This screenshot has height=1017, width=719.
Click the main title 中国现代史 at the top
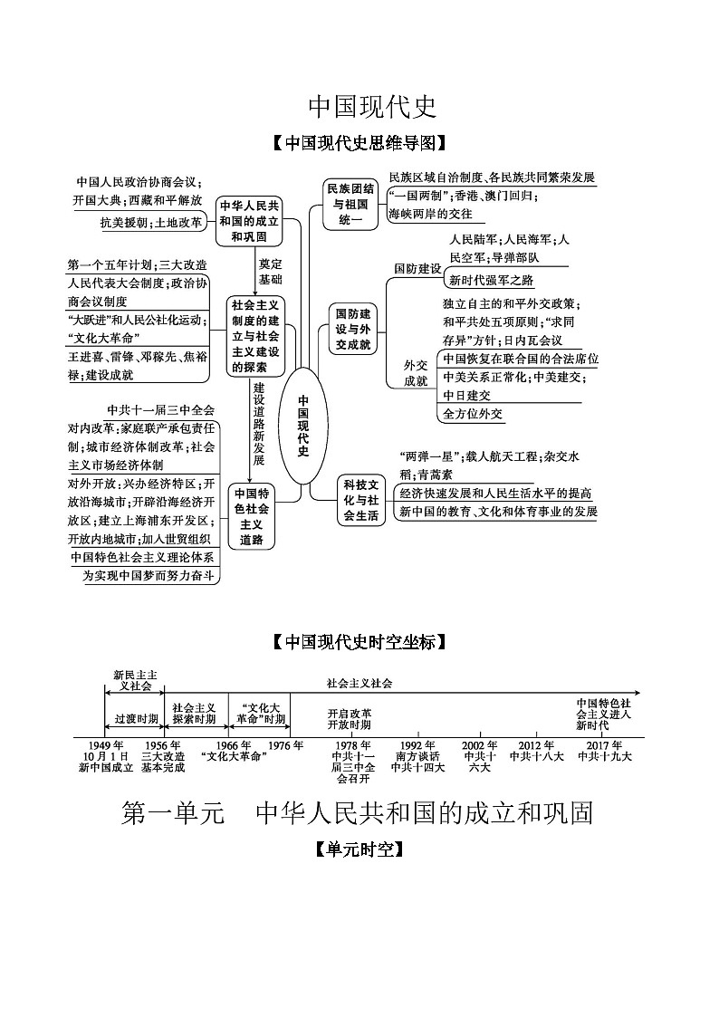tap(372, 107)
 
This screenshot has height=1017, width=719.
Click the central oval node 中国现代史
tap(302, 426)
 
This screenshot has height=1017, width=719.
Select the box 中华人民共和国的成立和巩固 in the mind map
tap(249, 221)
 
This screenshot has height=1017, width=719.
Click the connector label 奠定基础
tap(270, 272)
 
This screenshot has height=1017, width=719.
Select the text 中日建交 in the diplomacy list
tap(466, 395)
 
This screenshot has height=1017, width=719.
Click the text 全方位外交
tap(473, 414)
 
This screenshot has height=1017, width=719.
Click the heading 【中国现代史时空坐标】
tap(359, 642)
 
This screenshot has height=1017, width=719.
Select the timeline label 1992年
tap(417, 744)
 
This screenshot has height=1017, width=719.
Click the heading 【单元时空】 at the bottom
tap(359, 849)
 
